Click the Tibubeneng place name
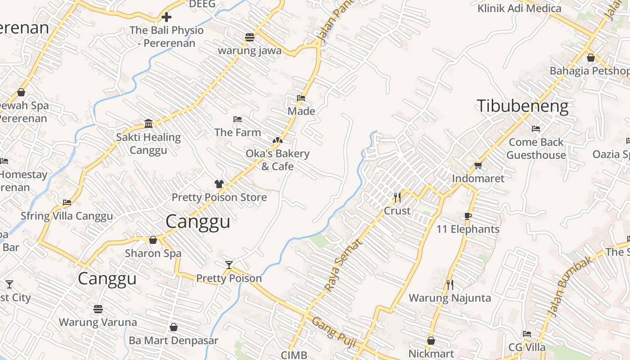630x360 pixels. coord(522,107)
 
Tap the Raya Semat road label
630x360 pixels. coord(343,265)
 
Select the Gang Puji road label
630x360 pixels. coord(334,333)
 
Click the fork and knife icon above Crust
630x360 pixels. coord(397,197)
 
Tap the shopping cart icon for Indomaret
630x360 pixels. coord(478,165)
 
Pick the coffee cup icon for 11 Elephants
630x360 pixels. coord(468,216)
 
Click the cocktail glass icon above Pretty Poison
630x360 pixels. coord(229,265)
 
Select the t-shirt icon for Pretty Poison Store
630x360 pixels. coord(219,184)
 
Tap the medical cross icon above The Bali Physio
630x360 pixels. coord(166,17)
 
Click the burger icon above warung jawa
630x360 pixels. coord(250,37)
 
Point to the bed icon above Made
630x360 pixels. coord(301,98)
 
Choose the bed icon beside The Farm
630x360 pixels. coord(238,119)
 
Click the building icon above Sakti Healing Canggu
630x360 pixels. coord(148,124)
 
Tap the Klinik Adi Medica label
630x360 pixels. coord(519,9)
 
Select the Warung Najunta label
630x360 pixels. coord(450,298)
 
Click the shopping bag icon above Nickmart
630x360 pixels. coord(431,341)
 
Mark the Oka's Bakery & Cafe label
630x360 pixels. coord(278,160)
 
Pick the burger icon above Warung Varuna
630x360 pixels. coord(98,309)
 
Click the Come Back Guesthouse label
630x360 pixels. coord(536,148)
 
